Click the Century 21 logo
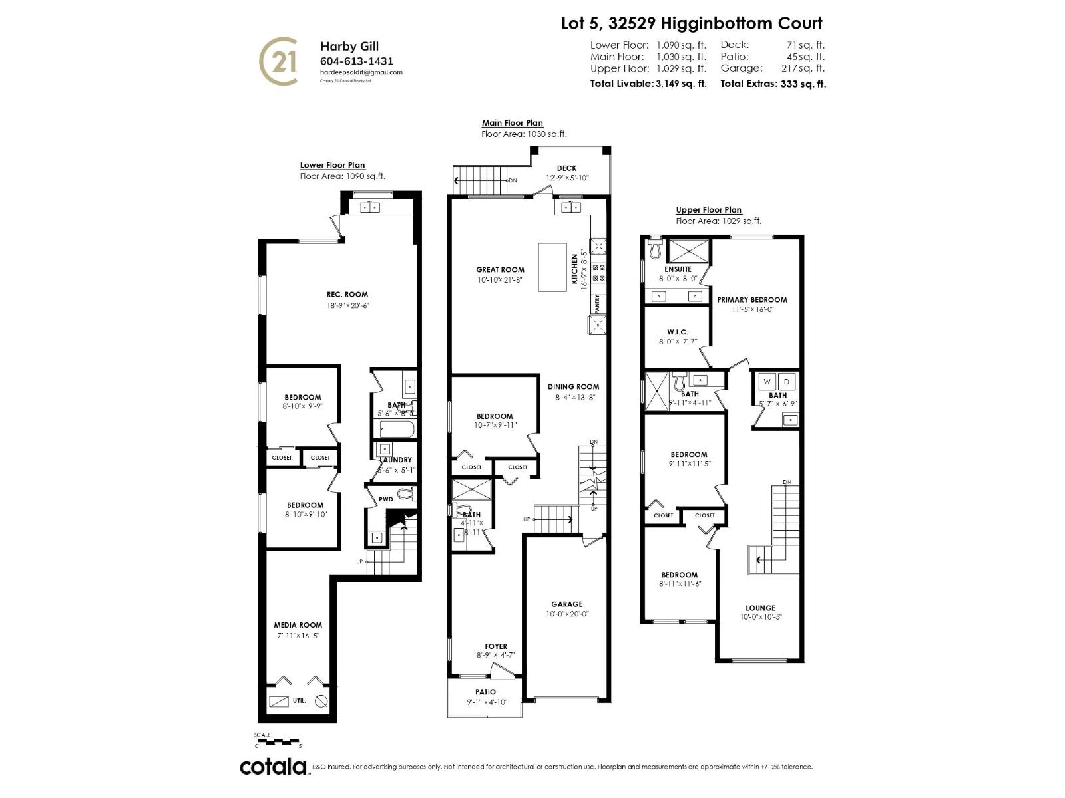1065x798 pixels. tap(278, 61)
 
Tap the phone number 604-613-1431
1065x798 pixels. tap(357, 61)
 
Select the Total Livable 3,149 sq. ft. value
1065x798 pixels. tap(680, 84)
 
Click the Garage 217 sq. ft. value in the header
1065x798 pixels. tap(802, 68)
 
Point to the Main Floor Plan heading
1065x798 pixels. tap(512, 123)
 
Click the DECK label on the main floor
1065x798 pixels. tap(566, 168)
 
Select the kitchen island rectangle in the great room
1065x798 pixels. tap(552, 267)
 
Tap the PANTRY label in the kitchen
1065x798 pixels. tap(597, 304)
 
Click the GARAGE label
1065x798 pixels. tap(566, 604)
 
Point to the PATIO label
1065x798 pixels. tap(485, 692)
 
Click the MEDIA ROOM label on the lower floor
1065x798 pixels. tap(298, 625)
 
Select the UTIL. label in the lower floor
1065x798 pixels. tap(299, 700)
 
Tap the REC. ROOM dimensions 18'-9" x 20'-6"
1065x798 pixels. tap(347, 306)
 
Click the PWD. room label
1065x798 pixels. tap(386, 499)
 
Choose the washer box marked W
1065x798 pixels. tap(767, 382)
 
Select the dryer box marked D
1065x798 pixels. tap(787, 382)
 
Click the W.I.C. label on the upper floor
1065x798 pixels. tap(677, 332)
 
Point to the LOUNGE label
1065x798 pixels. tap(760, 608)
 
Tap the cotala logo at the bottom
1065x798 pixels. tap(274, 767)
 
